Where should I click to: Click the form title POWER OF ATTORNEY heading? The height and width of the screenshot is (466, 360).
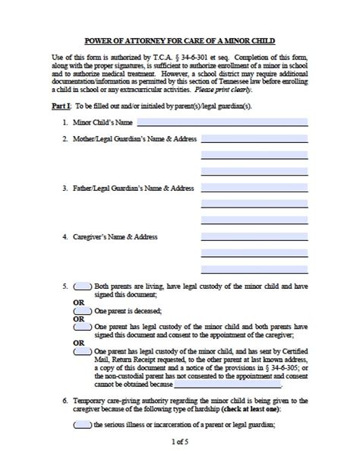point(180,39)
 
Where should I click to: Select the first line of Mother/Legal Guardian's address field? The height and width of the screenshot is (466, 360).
point(254,139)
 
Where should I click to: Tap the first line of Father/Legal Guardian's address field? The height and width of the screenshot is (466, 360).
point(254,188)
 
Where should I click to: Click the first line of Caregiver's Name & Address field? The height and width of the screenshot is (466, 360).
point(254,236)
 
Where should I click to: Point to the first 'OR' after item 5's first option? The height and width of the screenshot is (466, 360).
point(77,302)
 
